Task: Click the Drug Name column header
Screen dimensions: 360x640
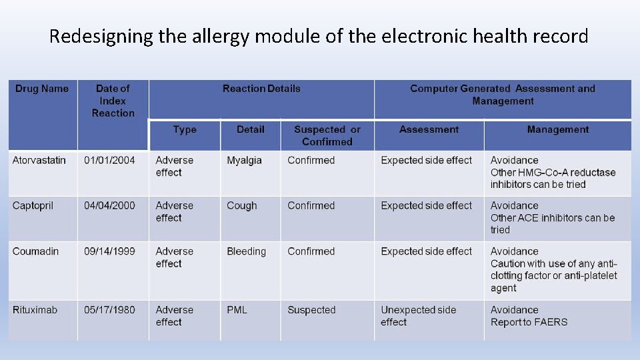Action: pos(42,89)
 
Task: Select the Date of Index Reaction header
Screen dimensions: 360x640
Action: pos(113,101)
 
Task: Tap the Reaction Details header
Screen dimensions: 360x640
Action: pos(261,89)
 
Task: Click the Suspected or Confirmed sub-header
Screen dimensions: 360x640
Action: pos(327,135)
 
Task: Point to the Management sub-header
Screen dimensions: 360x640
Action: pos(558,129)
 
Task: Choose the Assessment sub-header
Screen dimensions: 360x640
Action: pos(429,129)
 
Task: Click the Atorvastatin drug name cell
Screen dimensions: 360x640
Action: pos(39,160)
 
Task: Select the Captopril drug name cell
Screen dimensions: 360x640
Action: pos(33,205)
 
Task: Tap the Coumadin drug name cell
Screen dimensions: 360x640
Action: pos(35,251)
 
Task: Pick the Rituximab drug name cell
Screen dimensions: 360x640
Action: pos(35,310)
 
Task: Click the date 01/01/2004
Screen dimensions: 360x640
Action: pos(109,160)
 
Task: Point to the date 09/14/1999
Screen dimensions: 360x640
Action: pos(109,251)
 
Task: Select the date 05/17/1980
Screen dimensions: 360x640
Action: pos(109,310)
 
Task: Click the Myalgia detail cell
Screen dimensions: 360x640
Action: pos(244,160)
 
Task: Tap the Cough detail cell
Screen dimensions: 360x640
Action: pos(241,205)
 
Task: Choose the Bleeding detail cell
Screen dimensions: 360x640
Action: pos(246,251)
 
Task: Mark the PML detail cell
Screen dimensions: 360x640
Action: pos(237,310)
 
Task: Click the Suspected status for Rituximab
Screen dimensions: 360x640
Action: pos(311,310)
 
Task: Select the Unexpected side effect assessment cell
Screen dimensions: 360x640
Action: pos(418,316)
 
